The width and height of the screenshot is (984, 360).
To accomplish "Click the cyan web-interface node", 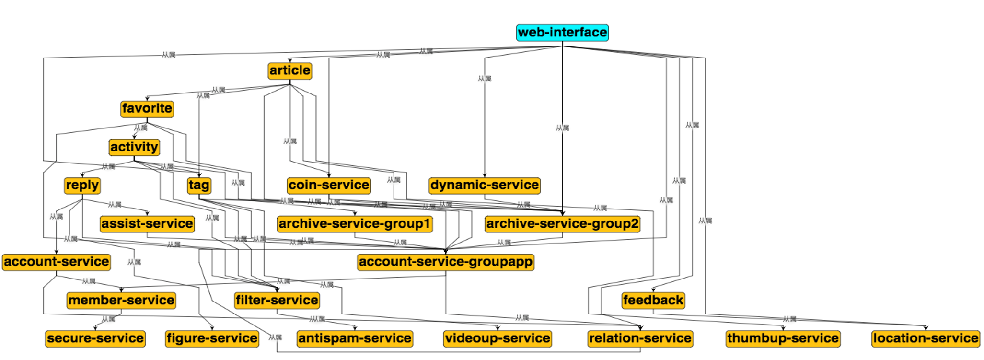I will pyautogui.click(x=562, y=33).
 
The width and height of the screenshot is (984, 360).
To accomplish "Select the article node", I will pyautogui.click(x=290, y=70).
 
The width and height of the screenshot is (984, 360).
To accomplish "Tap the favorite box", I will pyautogui.click(x=147, y=109).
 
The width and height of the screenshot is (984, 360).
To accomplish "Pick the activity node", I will pyautogui.click(x=134, y=147).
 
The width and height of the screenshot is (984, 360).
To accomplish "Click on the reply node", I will pyautogui.click(x=82, y=185).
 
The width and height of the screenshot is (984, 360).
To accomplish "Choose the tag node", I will pyautogui.click(x=199, y=185).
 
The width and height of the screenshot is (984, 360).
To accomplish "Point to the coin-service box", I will pyautogui.click(x=329, y=185).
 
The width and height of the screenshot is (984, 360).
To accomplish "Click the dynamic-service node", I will pyautogui.click(x=485, y=185).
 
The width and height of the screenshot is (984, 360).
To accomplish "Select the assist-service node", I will pyautogui.click(x=147, y=223).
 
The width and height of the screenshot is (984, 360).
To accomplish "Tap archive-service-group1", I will pyautogui.click(x=355, y=223).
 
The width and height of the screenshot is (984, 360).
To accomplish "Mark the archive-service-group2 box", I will pyautogui.click(x=562, y=223).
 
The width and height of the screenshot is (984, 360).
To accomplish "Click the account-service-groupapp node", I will pyautogui.click(x=446, y=262).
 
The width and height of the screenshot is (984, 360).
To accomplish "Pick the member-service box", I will pyautogui.click(x=121, y=300).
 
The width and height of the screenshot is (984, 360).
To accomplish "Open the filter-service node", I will pyautogui.click(x=277, y=300).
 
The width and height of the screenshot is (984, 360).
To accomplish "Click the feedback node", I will pyautogui.click(x=653, y=300).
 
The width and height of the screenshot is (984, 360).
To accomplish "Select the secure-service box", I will pyautogui.click(x=95, y=338).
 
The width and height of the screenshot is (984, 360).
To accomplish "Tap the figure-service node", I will pyautogui.click(x=212, y=338).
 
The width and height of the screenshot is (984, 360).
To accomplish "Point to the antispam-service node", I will pyautogui.click(x=355, y=338).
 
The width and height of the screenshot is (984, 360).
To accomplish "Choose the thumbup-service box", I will pyautogui.click(x=783, y=338).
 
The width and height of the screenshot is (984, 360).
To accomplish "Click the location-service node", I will pyautogui.click(x=926, y=338).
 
